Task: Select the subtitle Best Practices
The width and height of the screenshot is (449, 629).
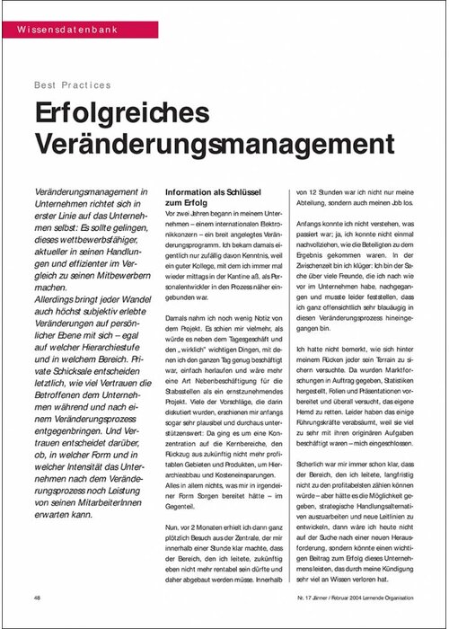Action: (72, 85)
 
